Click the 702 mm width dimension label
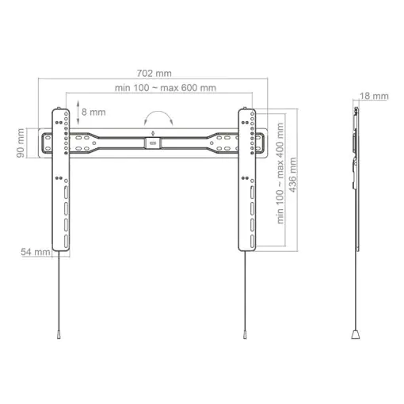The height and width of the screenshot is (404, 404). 154,73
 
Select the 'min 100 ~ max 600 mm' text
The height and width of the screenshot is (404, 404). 166,88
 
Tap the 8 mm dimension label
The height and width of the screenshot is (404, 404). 93,112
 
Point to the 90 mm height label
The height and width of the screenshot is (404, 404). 21,143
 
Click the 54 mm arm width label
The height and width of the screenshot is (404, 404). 36,252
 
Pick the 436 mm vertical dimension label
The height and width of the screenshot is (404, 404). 292,175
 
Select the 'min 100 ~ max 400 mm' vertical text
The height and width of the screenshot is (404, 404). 280,173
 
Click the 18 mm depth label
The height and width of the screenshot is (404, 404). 374,96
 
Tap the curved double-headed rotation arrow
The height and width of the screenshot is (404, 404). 158,112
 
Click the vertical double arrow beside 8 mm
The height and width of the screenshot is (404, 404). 78,112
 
